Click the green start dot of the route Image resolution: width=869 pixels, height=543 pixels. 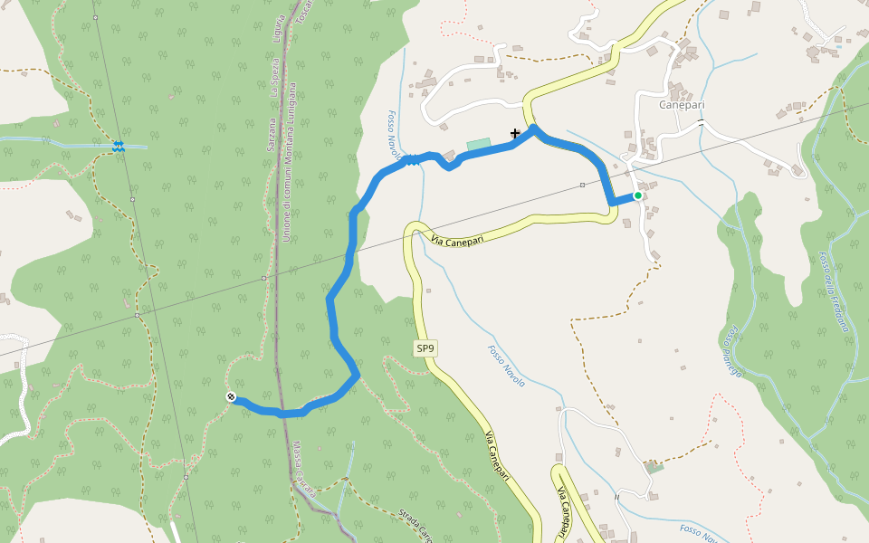coord(638,195)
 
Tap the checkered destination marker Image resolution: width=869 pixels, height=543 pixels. coord(231,396)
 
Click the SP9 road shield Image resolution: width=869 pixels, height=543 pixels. coord(425,348)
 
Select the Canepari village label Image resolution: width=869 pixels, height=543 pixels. coord(682,105)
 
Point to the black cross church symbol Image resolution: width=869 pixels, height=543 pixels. coord(515,133)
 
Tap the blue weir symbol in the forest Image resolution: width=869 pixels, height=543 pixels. coord(119,147)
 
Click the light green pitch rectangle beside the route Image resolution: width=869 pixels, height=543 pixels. coord(478,144)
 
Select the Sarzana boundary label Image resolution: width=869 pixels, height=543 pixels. coord(271,136)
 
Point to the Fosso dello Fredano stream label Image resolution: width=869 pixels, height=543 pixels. coord(835,291)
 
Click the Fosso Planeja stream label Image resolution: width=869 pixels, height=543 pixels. coord(732,352)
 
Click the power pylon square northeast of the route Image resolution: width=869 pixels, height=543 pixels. coord(582,185)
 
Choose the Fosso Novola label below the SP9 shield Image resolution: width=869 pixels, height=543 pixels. coord(506,367)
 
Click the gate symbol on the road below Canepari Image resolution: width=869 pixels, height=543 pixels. coord(701,122)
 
